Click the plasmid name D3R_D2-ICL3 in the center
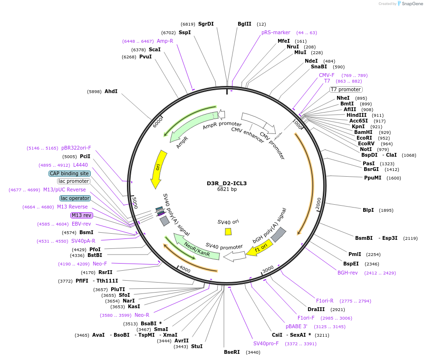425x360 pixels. pos(227,183)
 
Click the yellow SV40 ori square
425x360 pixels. pos(228,232)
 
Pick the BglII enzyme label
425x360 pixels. pos(244,24)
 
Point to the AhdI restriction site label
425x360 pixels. pos(111,91)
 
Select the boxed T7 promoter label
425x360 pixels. pos(346,89)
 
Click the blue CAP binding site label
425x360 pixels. pos(69,173)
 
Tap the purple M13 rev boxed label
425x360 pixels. pos(82,215)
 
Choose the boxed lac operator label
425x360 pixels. pos(75,198)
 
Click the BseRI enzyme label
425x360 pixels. pos(232,352)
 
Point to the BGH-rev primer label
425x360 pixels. pos(348,273)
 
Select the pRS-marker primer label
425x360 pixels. pos(276,32)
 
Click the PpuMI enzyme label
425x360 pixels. pos(373,178)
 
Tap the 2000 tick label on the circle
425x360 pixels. pos(318,203)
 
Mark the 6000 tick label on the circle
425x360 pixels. pos(158,123)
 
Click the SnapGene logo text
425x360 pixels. pos(412,3)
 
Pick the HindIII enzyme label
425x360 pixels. pos(357,115)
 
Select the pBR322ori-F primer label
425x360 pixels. pos(76,148)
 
